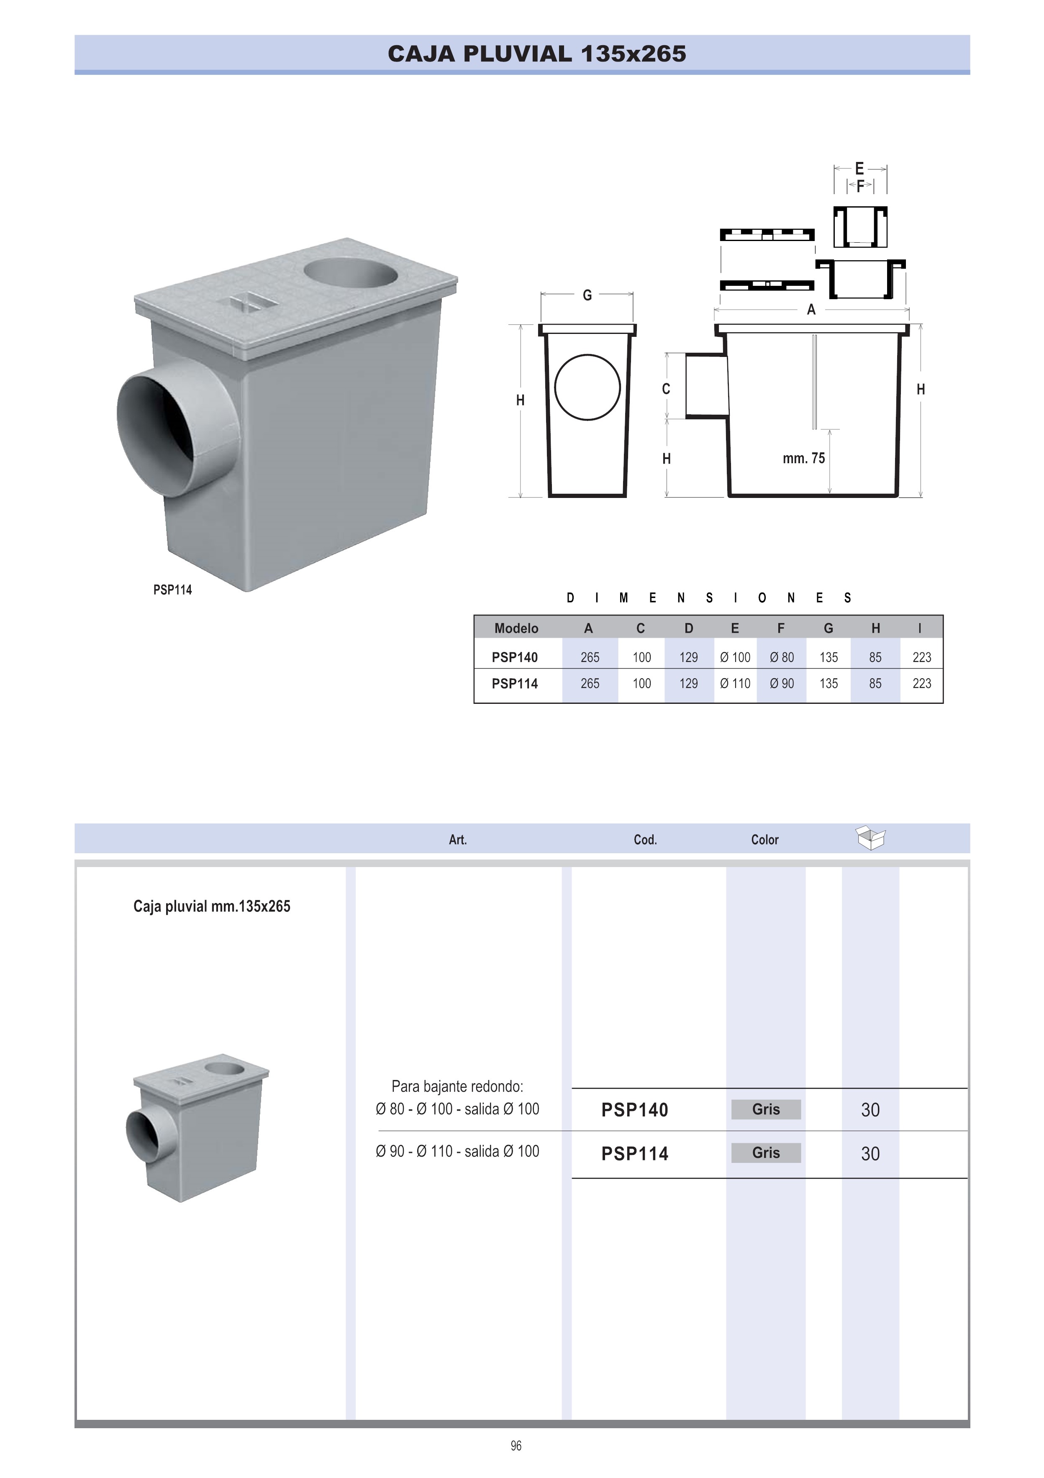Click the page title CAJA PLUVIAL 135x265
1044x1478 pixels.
point(537,54)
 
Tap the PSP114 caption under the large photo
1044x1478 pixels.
point(172,590)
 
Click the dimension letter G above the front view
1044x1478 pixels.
point(587,295)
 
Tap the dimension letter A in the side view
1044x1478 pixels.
point(811,310)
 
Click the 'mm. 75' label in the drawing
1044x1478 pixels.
point(803,458)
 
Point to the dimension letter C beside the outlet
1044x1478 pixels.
point(666,389)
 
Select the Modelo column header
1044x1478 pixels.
point(516,628)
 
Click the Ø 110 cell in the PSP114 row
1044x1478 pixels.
point(735,684)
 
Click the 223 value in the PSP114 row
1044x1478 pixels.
point(922,684)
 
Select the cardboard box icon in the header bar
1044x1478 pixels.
point(870,837)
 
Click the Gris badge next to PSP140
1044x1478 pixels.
point(766,1109)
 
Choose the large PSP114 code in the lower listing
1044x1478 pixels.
point(635,1154)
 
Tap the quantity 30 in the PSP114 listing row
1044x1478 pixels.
point(870,1154)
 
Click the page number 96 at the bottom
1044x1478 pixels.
point(516,1446)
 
